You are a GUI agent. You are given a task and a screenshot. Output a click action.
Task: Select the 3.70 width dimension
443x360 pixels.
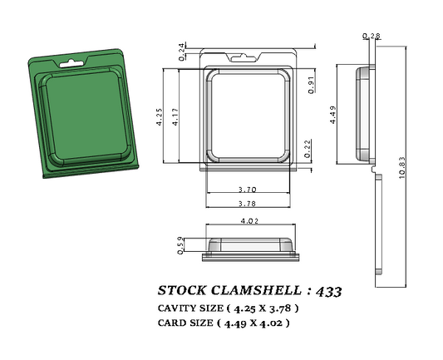(x=247, y=190)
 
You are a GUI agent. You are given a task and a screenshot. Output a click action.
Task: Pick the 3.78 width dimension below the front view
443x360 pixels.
(x=247, y=204)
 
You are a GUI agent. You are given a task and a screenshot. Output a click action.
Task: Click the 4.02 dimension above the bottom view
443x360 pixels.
(x=248, y=221)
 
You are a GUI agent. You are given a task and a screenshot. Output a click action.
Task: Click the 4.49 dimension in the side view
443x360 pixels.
(x=333, y=114)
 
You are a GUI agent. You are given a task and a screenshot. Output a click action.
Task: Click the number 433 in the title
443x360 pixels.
(x=326, y=292)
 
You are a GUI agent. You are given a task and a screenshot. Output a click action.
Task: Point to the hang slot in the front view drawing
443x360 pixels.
(x=248, y=47)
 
